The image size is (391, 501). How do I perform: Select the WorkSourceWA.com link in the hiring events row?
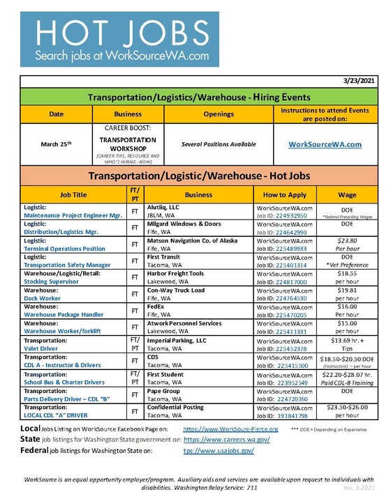click(325, 144)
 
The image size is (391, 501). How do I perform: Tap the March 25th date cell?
click(56, 144)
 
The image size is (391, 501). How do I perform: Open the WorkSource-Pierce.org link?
click(230, 429)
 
